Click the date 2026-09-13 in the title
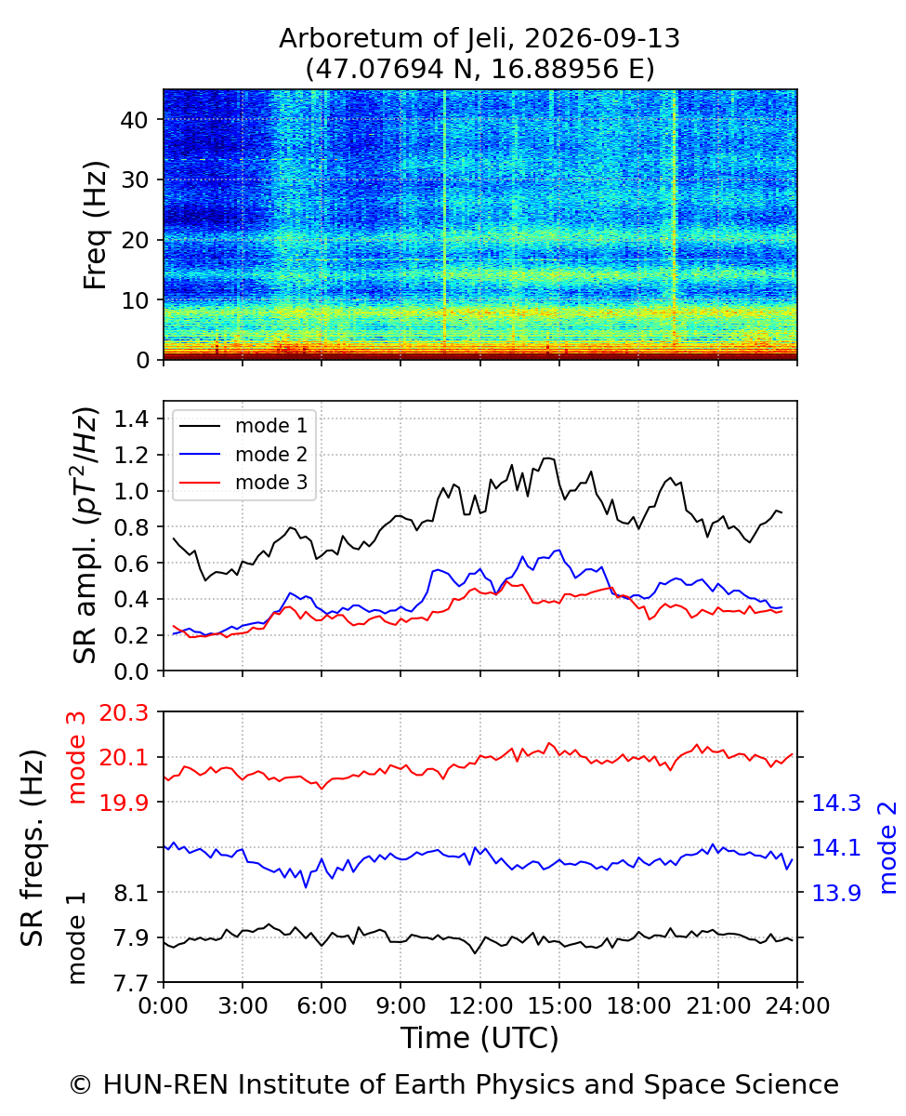click(x=601, y=38)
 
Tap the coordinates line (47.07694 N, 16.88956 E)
click(x=480, y=69)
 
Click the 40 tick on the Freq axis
click(x=135, y=121)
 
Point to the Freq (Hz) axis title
click(x=96, y=225)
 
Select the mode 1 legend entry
click(x=243, y=425)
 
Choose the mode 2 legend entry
click(x=243, y=454)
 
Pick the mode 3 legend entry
click(x=243, y=482)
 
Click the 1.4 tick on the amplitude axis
click(x=131, y=419)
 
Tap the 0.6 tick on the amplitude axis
click(x=131, y=564)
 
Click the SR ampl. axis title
click(x=85, y=535)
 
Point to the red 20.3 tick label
click(x=124, y=712)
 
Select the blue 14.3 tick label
click(x=836, y=803)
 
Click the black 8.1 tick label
click(x=131, y=892)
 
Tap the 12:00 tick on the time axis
click(x=480, y=1006)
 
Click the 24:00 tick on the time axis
click(x=797, y=1006)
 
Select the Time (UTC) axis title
click(x=479, y=1038)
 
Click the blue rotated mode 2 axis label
click(x=886, y=847)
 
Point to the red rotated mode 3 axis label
click(x=76, y=758)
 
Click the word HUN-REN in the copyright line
click(x=165, y=1084)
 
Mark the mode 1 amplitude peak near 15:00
click(x=547, y=458)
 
